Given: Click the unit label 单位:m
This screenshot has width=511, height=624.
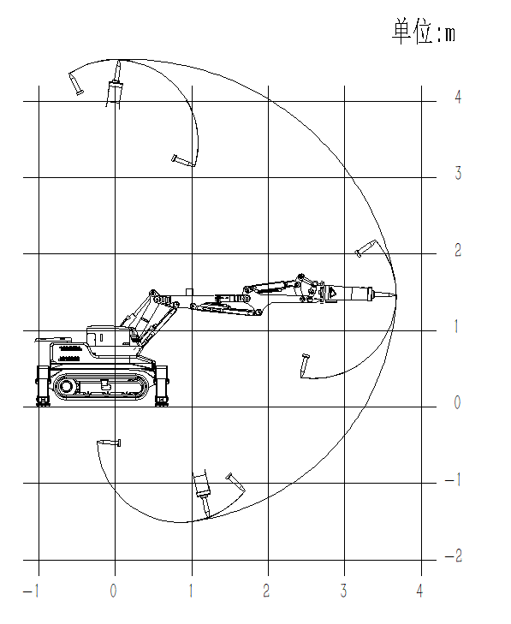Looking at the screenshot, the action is (x=424, y=31).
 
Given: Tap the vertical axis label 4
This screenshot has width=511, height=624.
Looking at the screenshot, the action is (x=458, y=97).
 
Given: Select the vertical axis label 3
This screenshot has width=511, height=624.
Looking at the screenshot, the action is (x=458, y=173).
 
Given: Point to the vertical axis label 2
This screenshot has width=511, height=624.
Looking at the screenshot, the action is (x=458, y=250).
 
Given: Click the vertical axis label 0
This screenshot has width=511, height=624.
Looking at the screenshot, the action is (x=458, y=402).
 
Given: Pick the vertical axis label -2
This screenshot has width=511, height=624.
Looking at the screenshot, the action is (x=454, y=556).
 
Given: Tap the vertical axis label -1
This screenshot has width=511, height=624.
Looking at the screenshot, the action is (x=453, y=479).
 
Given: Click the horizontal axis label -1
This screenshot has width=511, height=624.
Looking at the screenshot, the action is (x=31, y=591).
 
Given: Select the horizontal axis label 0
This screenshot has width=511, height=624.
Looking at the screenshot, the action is (x=114, y=591).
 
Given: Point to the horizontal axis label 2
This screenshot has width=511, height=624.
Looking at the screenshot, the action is (x=266, y=591).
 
